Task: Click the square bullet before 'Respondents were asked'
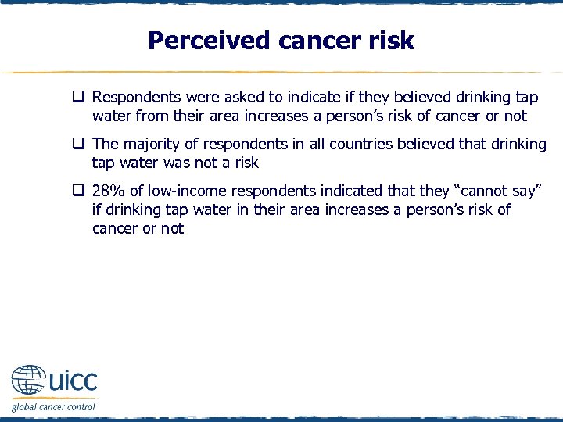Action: [79, 98]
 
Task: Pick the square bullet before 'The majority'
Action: [79, 145]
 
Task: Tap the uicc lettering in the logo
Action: [73, 381]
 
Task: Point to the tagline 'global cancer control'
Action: [53, 406]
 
